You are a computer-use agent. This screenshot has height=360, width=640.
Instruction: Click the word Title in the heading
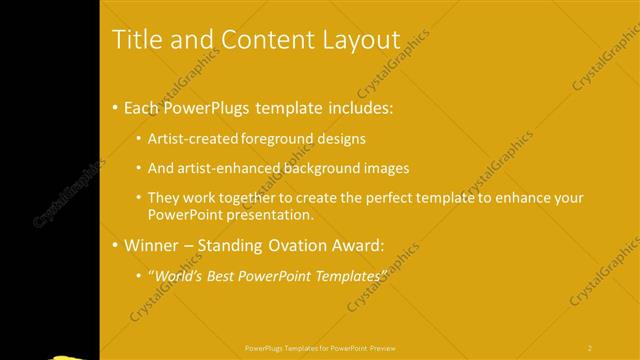coord(137,39)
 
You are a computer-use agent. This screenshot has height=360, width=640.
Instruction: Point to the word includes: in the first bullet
coord(346,107)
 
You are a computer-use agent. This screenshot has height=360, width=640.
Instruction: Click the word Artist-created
coord(193,139)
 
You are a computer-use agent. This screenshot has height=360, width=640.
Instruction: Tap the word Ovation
coord(300,245)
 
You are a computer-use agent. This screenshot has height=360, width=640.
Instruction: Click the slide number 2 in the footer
coord(590,349)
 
